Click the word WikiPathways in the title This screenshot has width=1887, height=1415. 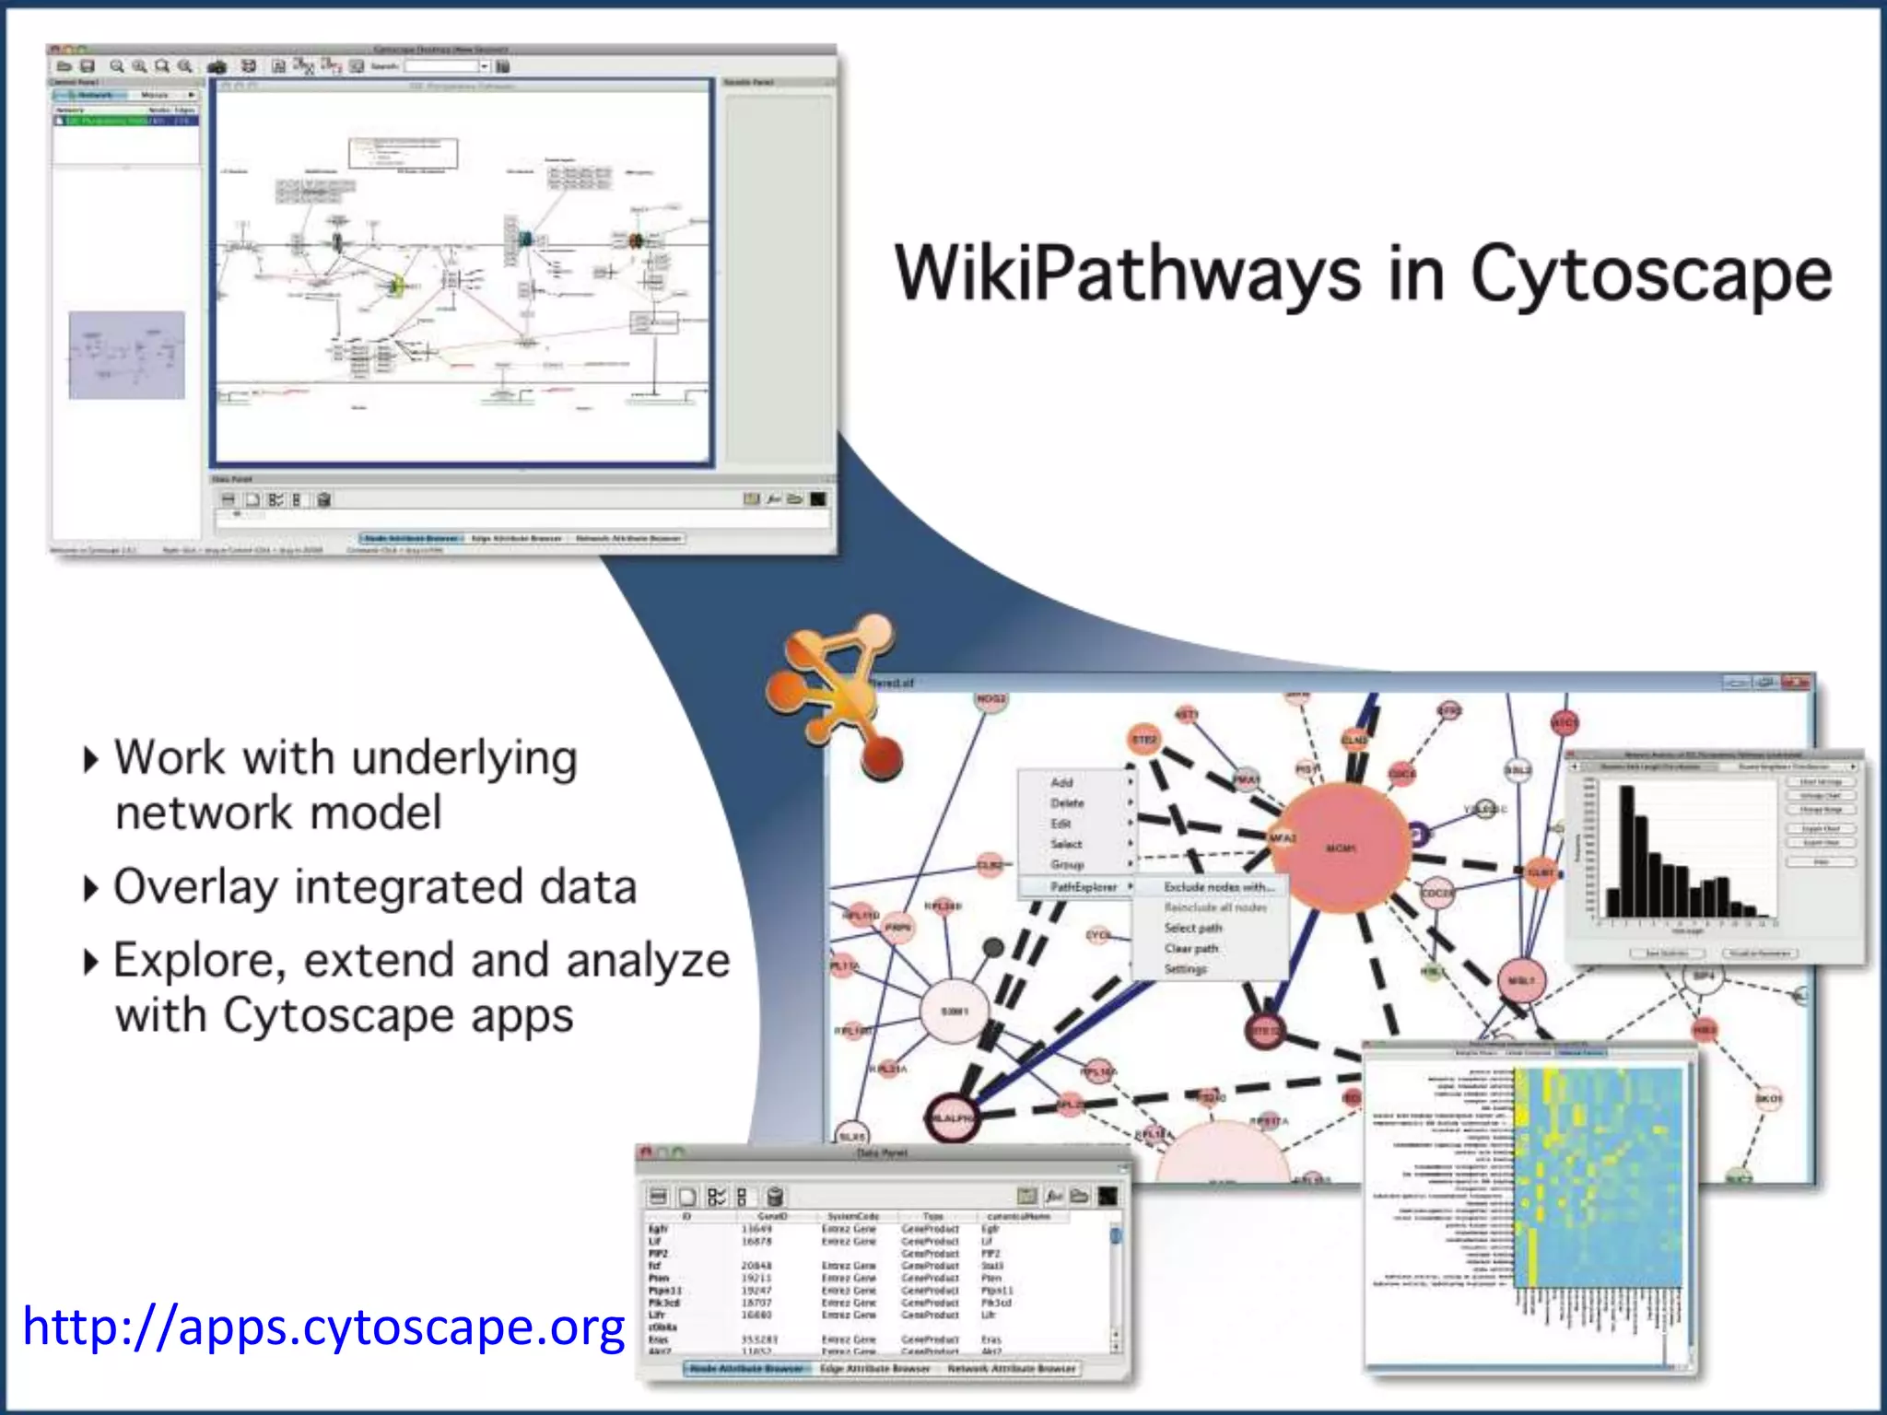(x=1128, y=274)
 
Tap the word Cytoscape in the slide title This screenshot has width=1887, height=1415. (x=1650, y=274)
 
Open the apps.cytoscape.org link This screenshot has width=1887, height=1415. (x=323, y=1327)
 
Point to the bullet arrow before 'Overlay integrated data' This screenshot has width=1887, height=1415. (x=90, y=889)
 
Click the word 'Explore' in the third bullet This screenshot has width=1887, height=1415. (x=198, y=961)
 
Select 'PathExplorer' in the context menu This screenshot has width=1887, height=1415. (x=1084, y=886)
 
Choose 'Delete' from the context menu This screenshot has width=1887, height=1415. (x=1067, y=803)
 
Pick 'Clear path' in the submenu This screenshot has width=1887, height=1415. (x=1190, y=948)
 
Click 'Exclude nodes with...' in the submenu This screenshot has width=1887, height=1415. (x=1218, y=886)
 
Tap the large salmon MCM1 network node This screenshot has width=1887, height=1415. (x=1340, y=848)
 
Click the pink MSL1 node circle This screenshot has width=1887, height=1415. (x=1520, y=981)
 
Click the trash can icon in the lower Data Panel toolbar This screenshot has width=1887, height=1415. (x=775, y=1197)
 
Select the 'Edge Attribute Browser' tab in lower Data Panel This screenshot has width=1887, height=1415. (x=874, y=1368)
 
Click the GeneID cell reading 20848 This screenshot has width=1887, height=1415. (x=756, y=1266)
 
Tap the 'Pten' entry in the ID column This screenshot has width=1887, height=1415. (x=659, y=1279)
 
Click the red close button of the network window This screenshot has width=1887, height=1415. (x=1796, y=683)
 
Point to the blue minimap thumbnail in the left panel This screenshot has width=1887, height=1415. (x=127, y=356)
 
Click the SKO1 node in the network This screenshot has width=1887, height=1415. (x=1768, y=1098)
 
